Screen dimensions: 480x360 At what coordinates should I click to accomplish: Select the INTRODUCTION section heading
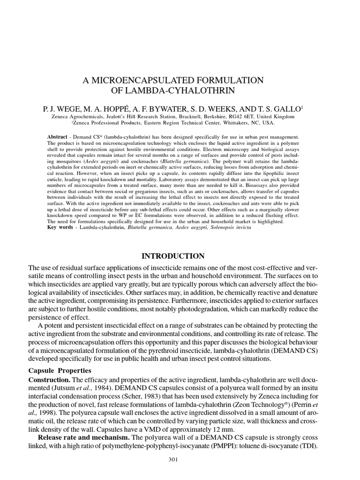click(x=172, y=256)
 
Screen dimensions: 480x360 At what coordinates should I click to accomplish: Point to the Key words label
click(x=60, y=227)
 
